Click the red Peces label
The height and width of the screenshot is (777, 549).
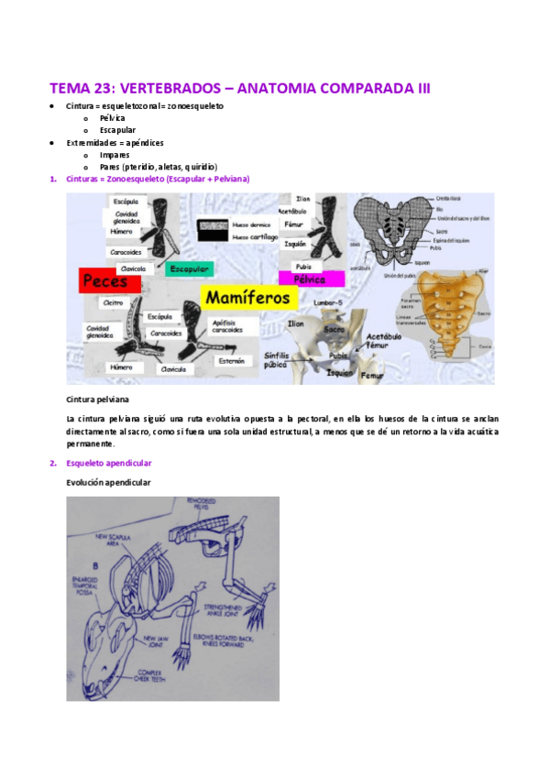(x=109, y=283)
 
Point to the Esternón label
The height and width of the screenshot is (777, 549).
(x=233, y=361)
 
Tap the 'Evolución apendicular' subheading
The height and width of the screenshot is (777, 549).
(x=108, y=482)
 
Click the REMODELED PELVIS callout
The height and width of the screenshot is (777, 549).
(x=225, y=505)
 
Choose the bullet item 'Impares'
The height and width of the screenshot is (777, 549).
(x=115, y=155)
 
